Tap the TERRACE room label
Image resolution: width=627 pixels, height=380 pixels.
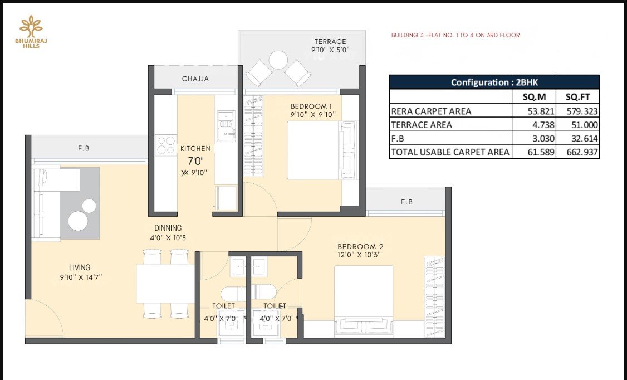pos(330,42)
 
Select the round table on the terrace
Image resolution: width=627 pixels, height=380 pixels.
pos(278,60)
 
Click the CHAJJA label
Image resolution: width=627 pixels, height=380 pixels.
pos(195,79)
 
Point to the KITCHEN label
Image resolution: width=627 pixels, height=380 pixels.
pos(195,148)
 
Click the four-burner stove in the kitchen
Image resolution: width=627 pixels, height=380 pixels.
pos(166,145)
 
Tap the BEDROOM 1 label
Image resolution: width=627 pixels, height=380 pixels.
pos(311,106)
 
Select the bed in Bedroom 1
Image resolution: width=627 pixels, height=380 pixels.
pos(321,150)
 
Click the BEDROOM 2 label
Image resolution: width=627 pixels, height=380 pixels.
pos(360,247)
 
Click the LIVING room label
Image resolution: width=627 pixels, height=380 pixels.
pos(79,267)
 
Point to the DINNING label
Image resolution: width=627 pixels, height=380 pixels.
pos(168,228)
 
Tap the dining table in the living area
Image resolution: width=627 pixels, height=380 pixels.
pos(165,284)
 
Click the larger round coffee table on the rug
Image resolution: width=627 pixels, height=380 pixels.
pos(78,221)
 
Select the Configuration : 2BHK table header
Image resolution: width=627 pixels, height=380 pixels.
pos(494,82)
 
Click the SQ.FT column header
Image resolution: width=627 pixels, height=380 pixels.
pos(577,97)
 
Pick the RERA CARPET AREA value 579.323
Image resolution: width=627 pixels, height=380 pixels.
pos(582,111)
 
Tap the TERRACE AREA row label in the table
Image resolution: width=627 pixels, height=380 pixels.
pos(422,125)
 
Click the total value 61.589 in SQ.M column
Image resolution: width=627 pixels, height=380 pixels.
pos(541,152)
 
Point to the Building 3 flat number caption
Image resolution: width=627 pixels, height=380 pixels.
pos(455,35)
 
